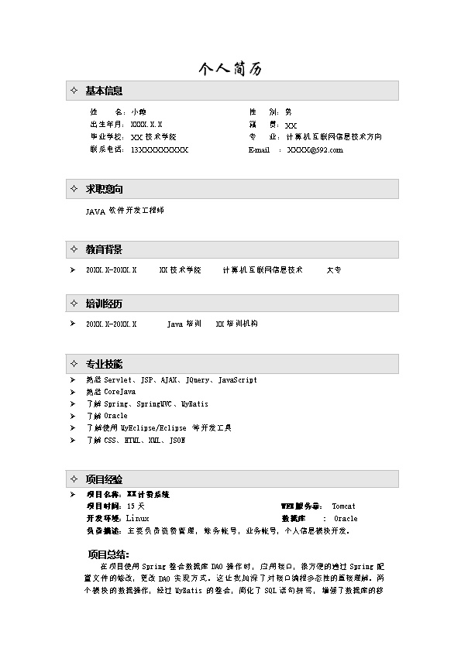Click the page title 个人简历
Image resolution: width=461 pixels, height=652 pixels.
tap(230, 69)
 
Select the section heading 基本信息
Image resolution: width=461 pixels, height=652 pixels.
tap(104, 91)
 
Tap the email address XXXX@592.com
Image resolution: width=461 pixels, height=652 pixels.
tap(315, 150)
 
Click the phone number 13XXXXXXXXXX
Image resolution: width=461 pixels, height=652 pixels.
tap(159, 150)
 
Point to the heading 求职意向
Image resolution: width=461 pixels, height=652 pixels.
tap(104, 189)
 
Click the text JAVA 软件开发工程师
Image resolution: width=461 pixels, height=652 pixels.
tap(125, 211)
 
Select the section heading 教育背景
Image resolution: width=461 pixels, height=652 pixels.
tap(104, 249)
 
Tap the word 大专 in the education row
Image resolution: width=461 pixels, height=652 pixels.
tap(334, 270)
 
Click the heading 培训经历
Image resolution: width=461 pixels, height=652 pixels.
tap(104, 303)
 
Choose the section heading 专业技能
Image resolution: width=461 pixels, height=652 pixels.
tap(104, 363)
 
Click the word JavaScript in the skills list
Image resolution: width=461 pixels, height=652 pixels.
tap(237, 380)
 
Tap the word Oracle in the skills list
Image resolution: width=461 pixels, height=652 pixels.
tap(115, 416)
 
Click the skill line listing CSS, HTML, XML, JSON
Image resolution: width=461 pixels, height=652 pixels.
tap(136, 440)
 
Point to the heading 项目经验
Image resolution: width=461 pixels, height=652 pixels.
tap(104, 479)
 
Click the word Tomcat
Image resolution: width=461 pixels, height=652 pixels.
tap(344, 506)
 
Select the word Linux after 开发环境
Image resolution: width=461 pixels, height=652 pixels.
tap(137, 518)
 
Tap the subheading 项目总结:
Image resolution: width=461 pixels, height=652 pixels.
tap(108, 554)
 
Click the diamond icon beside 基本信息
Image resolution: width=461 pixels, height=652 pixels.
tap(74, 91)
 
